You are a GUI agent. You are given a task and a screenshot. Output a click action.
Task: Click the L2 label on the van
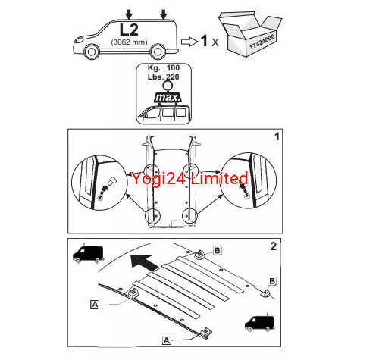pos(129,30)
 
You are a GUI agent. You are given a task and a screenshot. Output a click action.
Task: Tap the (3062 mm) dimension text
pos(129,42)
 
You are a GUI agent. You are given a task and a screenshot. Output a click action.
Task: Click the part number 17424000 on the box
pos(262,42)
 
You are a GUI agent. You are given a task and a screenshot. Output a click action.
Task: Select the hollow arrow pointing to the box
pos(189,42)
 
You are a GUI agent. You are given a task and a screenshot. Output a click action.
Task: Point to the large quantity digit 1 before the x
pos(204,41)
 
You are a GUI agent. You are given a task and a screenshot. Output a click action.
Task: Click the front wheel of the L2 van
pos(92,52)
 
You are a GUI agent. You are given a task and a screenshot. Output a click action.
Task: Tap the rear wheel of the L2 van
pos(158,52)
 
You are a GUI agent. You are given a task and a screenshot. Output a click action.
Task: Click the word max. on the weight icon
pos(168,97)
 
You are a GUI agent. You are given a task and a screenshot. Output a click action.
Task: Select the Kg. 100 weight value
pos(164,67)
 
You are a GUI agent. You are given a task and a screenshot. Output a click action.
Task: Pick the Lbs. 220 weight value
pos(164,77)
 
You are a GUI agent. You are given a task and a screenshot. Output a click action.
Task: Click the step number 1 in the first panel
pos(277,136)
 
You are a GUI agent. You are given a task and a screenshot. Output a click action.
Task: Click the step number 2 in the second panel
pos(274,246)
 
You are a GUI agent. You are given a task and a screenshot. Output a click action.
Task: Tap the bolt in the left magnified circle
pos(112,181)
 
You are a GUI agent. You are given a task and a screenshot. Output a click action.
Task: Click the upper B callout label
pos(218,250)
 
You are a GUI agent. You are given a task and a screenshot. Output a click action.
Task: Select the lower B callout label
pos(272,281)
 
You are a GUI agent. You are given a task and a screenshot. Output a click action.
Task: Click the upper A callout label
pos(95,305)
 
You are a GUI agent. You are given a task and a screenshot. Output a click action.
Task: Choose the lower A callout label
pos(167,340)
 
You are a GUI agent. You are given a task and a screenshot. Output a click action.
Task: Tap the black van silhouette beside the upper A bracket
pos(88,253)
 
